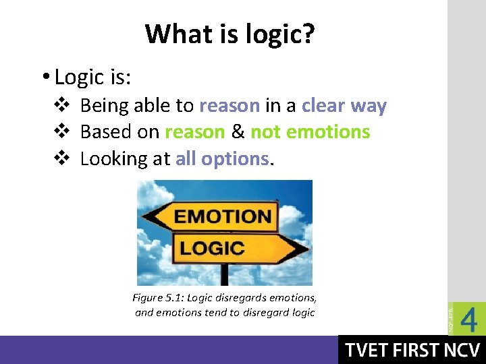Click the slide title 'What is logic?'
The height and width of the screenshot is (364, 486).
point(230,33)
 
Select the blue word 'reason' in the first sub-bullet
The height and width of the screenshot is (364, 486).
point(230,106)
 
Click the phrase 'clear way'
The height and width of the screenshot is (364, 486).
point(344,106)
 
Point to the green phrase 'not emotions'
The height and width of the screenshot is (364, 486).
point(310,132)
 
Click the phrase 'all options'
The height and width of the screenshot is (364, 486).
point(222,158)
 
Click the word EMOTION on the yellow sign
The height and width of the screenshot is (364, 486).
point(223,217)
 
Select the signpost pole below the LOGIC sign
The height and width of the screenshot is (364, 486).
point(224,274)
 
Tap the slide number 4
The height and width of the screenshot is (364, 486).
point(468,319)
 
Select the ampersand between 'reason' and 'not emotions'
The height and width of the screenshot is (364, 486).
point(238,132)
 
